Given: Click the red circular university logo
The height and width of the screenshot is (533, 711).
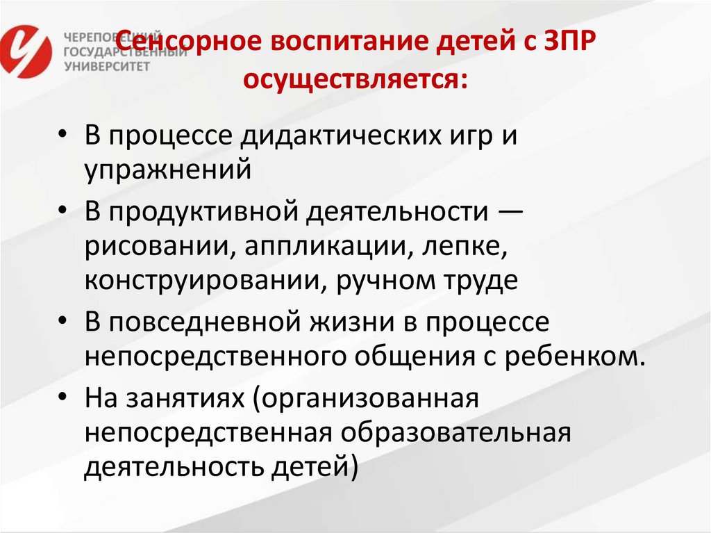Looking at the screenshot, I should pyautogui.click(x=26, y=50).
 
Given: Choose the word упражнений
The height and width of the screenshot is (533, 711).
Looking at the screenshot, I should pyautogui.click(x=167, y=169).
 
